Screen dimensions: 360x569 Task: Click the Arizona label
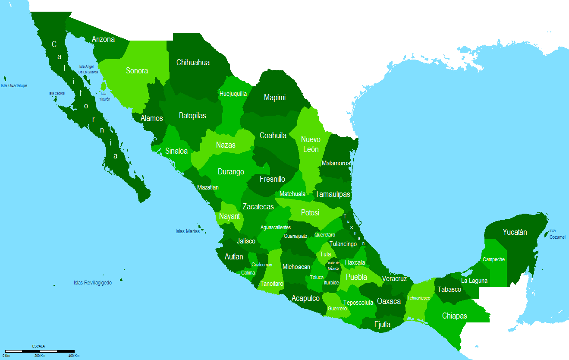[x=103, y=39]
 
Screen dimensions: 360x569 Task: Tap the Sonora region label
[x=137, y=71]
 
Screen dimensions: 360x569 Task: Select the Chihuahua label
[x=193, y=63]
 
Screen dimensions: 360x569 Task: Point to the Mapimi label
[x=275, y=98]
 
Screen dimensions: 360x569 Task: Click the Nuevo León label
[x=311, y=144]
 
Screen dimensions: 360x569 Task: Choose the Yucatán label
[x=515, y=232]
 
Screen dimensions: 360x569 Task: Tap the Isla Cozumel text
[x=556, y=234]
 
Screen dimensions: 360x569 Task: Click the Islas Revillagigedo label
[x=93, y=283]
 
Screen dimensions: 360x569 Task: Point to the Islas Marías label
[x=188, y=231]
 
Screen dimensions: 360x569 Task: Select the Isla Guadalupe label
[x=14, y=85]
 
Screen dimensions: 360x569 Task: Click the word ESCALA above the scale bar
[x=38, y=346]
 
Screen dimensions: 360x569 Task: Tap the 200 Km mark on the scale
[x=40, y=356]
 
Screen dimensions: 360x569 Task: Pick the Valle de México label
[x=333, y=265]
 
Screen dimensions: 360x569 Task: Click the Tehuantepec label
[x=419, y=298]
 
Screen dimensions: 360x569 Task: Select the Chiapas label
[x=454, y=316]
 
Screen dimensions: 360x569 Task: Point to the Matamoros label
[x=336, y=163]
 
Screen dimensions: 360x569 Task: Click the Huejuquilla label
[x=233, y=94]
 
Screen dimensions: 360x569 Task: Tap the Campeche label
[x=494, y=259]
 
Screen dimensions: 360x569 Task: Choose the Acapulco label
[x=305, y=298]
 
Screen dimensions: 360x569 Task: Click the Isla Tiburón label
[x=104, y=96]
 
